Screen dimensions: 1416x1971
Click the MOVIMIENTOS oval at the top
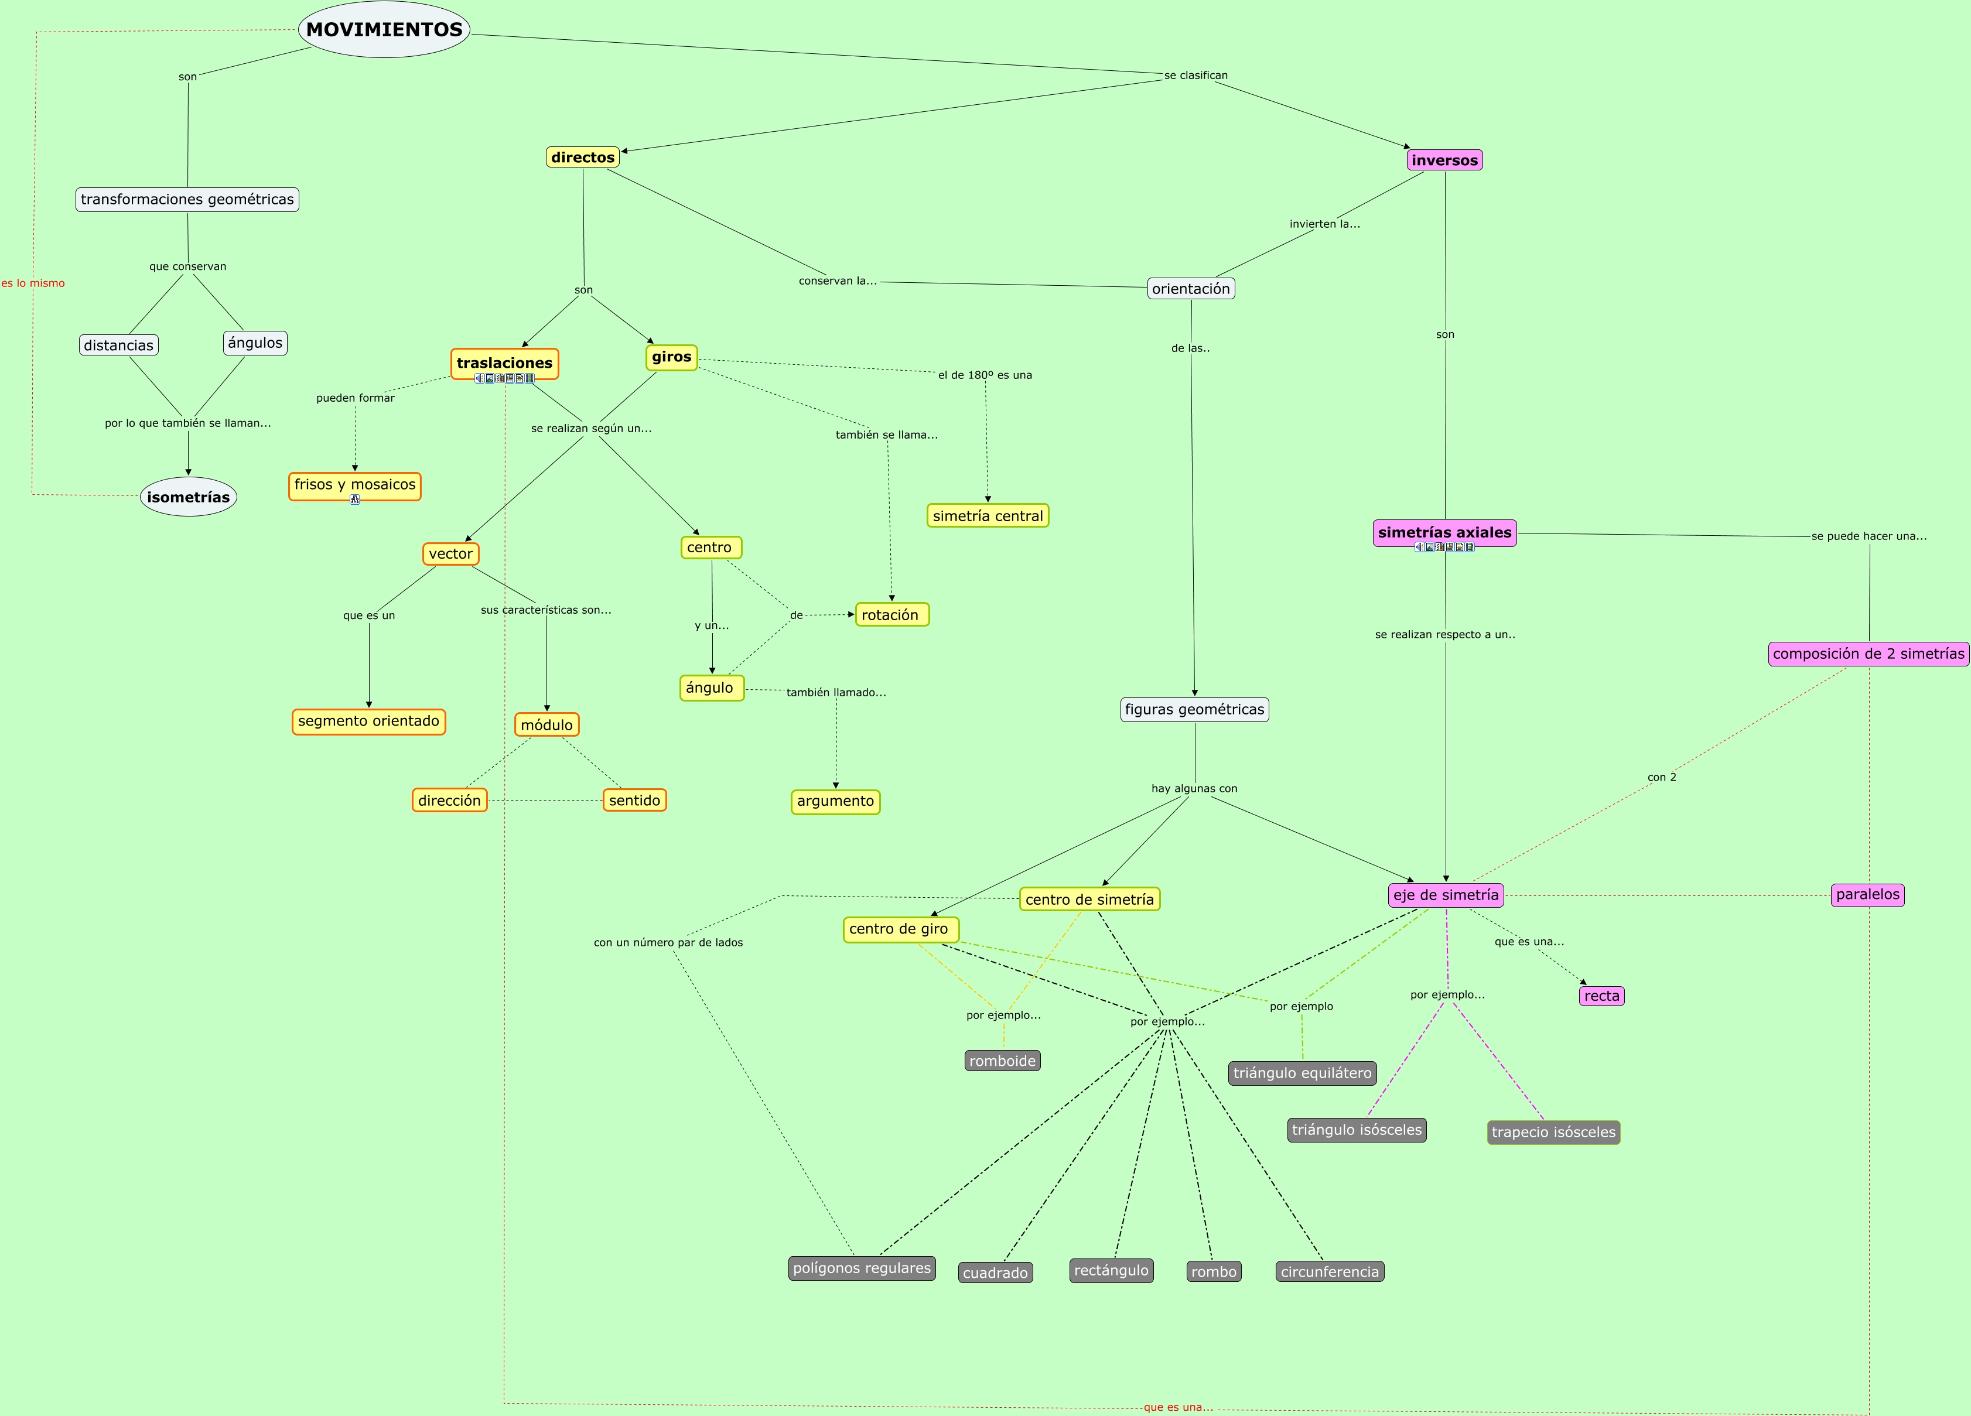pyautogui.click(x=384, y=29)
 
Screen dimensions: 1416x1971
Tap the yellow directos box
pyautogui.click(x=582, y=158)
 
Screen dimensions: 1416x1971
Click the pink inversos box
pyautogui.click(x=1444, y=160)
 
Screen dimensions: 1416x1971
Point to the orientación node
pyautogui.click(x=1191, y=289)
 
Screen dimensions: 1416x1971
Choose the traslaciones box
pyautogui.click(x=504, y=363)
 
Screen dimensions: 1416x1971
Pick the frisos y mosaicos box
pyautogui.click(x=354, y=485)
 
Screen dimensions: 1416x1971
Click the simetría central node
pyautogui.click(x=987, y=516)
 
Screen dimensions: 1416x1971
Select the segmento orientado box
pyautogui.click(x=368, y=721)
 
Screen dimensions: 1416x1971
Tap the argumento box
pyautogui.click(x=835, y=801)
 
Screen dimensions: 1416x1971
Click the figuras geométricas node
pyautogui.click(x=1194, y=710)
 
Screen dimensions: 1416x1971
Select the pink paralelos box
pyautogui.click(x=1867, y=895)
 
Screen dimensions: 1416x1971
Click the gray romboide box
pyautogui.click(x=1002, y=1061)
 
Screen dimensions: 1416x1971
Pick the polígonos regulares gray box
pyautogui.click(x=861, y=1268)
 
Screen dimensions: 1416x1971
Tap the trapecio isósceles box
pyautogui.click(x=1553, y=1132)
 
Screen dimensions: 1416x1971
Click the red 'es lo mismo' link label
pyautogui.click(x=33, y=283)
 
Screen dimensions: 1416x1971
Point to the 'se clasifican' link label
pyautogui.click(x=1196, y=76)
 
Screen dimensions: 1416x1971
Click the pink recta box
pyautogui.click(x=1601, y=997)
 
